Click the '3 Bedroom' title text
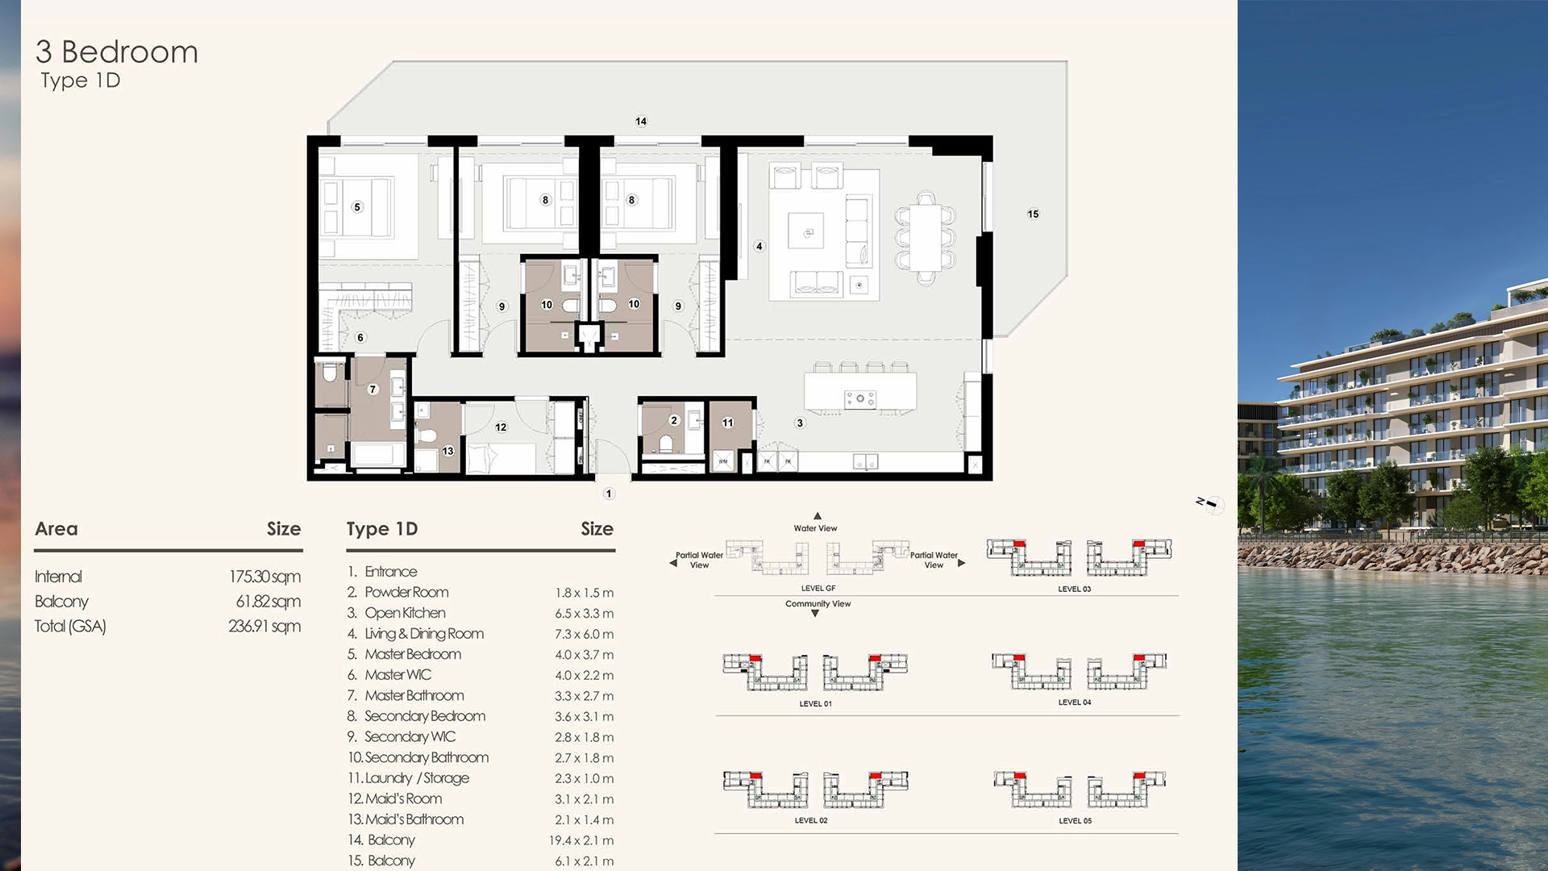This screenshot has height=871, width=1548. click(x=117, y=52)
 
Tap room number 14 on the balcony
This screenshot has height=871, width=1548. click(x=641, y=121)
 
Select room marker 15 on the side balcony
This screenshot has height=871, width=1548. click(x=1033, y=214)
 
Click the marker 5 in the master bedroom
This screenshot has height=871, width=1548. click(x=357, y=206)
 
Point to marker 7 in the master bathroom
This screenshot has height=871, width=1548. click(x=372, y=389)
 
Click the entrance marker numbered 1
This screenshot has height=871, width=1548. click(x=609, y=493)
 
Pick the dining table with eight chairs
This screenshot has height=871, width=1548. click(x=926, y=238)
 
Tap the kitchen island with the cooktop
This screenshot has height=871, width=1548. click(x=860, y=393)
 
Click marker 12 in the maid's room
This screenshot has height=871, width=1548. click(x=501, y=427)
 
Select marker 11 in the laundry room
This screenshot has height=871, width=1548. click(x=728, y=422)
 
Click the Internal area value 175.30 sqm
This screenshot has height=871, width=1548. click(x=264, y=577)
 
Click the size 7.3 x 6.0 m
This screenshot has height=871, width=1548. click(x=584, y=634)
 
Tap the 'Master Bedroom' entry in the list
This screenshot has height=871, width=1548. click(x=413, y=654)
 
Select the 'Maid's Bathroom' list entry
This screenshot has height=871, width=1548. click(x=414, y=819)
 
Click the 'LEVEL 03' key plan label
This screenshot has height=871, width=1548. click(x=1074, y=589)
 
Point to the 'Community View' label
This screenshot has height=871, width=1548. click(x=818, y=603)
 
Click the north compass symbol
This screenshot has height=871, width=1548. click(x=1211, y=504)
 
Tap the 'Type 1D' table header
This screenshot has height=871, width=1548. click(x=382, y=529)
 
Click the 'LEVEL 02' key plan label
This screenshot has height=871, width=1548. click(x=811, y=820)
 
